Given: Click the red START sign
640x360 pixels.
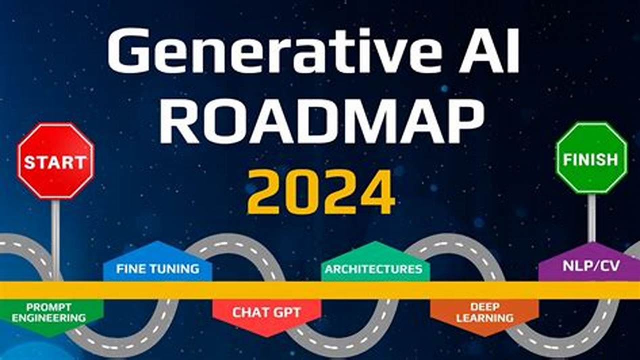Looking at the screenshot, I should coord(55,161).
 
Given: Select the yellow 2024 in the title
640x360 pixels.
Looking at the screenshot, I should coord(320,191).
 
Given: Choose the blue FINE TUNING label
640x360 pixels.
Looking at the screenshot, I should coord(157,268).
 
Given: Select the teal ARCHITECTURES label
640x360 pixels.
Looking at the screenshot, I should coord(373,269).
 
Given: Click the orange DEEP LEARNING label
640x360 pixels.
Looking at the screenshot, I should coord(484,312).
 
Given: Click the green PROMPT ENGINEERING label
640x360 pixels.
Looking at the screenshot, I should coord(49,312).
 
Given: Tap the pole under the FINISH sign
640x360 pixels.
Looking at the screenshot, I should coord(591,217).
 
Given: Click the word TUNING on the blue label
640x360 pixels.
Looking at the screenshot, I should coord(174,268).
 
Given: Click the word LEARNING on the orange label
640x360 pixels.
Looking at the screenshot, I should coord(484,318).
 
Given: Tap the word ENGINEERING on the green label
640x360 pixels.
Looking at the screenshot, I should coord(49,318).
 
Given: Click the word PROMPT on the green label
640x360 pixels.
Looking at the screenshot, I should coord(49,306).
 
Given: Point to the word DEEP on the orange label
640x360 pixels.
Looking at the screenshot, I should coord(484,306).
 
